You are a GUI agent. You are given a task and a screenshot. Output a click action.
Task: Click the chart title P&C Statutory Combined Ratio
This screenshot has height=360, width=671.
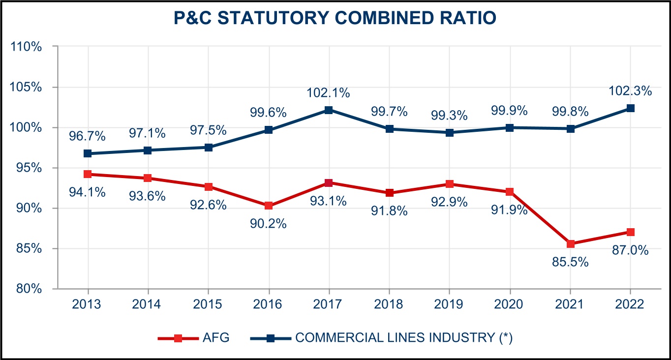(x=335, y=18)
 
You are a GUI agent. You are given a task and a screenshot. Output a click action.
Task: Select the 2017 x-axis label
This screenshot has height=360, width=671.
(x=329, y=304)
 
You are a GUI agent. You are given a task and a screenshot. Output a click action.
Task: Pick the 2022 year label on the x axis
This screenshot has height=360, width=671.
(x=630, y=304)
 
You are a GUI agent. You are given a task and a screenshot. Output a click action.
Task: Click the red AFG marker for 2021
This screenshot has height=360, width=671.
(x=570, y=244)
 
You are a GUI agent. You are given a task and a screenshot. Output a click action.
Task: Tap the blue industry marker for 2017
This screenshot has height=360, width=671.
(x=329, y=110)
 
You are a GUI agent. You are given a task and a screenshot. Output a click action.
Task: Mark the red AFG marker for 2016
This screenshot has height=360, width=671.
(x=269, y=206)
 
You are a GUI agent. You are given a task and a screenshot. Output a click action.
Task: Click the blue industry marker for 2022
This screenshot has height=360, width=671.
(x=630, y=108)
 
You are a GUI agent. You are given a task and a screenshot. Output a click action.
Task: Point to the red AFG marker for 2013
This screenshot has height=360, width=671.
(x=88, y=174)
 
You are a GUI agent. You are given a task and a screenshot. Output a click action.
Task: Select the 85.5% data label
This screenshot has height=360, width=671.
(x=570, y=262)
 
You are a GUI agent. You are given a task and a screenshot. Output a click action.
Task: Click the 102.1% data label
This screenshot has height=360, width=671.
(x=328, y=92)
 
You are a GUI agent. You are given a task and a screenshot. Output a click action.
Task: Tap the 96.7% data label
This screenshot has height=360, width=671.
(x=87, y=136)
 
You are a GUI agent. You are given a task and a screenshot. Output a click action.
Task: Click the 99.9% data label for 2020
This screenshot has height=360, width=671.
(x=510, y=111)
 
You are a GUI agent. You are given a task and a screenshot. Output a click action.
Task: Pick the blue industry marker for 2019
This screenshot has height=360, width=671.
(x=450, y=133)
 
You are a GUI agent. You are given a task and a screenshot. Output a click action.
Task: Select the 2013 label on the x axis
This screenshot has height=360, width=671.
(x=87, y=304)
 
